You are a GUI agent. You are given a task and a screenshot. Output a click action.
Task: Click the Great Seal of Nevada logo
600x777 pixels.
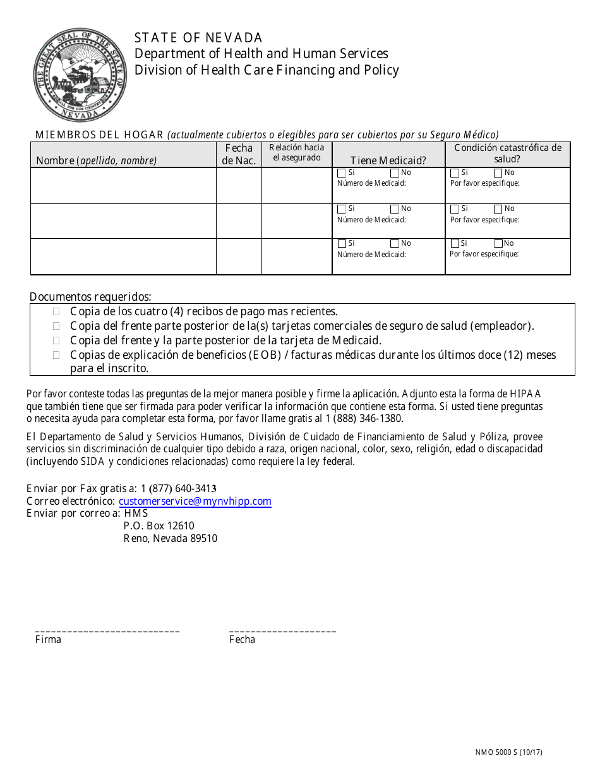(80, 75)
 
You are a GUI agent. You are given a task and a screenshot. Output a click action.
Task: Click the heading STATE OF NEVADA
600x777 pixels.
(198, 38)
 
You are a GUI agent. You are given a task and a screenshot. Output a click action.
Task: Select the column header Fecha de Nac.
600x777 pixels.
(239, 154)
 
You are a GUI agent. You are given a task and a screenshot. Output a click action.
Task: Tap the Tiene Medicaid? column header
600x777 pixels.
(388, 160)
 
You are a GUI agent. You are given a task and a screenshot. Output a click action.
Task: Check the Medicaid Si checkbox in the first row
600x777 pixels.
(342, 173)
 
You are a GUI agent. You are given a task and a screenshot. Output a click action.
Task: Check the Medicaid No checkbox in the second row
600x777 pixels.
(395, 209)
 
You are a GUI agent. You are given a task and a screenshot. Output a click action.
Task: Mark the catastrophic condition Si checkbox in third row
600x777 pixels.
(455, 244)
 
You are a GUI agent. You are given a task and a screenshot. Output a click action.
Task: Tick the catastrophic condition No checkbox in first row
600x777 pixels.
(498, 173)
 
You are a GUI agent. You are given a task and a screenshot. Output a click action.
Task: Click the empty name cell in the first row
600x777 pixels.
(123, 186)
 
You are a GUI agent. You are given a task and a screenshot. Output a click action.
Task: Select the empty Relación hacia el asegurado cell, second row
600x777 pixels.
(297, 221)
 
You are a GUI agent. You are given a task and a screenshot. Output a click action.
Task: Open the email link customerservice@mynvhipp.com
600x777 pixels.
(195, 501)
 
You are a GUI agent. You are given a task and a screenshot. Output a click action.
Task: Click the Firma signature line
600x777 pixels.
(107, 630)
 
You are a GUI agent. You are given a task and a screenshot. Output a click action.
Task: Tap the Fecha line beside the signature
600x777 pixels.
(282, 630)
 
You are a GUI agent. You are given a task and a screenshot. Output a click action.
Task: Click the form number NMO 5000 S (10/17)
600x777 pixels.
(508, 752)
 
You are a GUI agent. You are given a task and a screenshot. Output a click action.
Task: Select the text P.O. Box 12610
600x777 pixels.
(159, 526)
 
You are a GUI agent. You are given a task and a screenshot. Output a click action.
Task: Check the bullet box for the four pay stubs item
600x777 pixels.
(56, 311)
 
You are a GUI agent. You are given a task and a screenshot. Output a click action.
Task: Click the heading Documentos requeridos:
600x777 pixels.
(90, 296)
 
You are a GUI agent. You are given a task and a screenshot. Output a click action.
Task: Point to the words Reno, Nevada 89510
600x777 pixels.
(170, 539)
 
